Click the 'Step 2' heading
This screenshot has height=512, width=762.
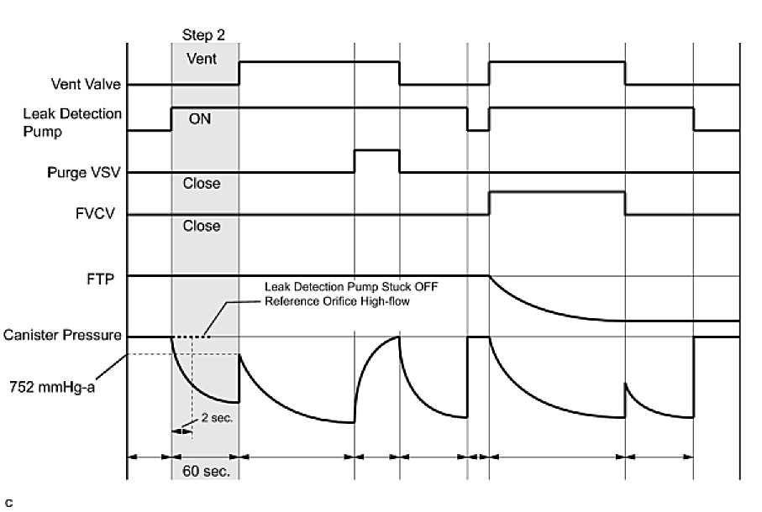point(204,35)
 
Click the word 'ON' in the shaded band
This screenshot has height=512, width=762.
point(199,119)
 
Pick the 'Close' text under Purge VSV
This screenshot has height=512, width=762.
point(202,183)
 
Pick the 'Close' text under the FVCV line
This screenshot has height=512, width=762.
point(202,226)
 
